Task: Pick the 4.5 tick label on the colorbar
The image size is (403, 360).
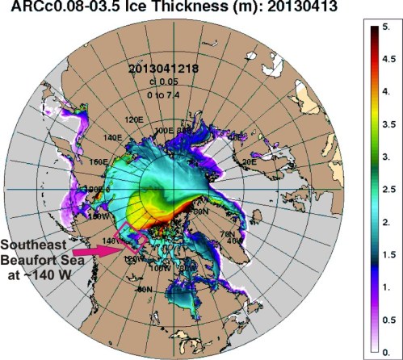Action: pyautogui.click(x=388, y=59)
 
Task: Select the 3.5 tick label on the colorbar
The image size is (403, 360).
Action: pyautogui.click(x=388, y=127)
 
